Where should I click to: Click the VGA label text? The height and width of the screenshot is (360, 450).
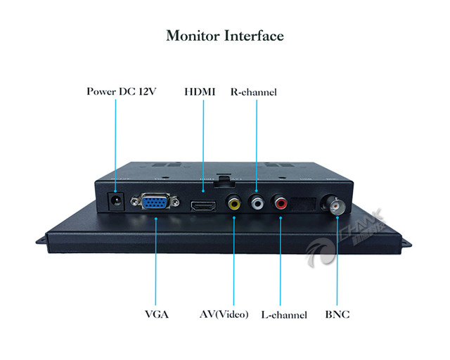click(x=157, y=314)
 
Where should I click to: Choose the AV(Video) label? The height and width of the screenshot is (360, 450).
click(x=224, y=314)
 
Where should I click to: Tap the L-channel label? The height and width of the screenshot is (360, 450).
click(x=284, y=314)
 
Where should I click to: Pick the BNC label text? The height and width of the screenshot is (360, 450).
click(x=337, y=314)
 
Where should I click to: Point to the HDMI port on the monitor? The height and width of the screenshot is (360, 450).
click(x=203, y=206)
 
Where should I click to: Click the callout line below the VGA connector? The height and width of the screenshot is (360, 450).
click(x=155, y=260)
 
